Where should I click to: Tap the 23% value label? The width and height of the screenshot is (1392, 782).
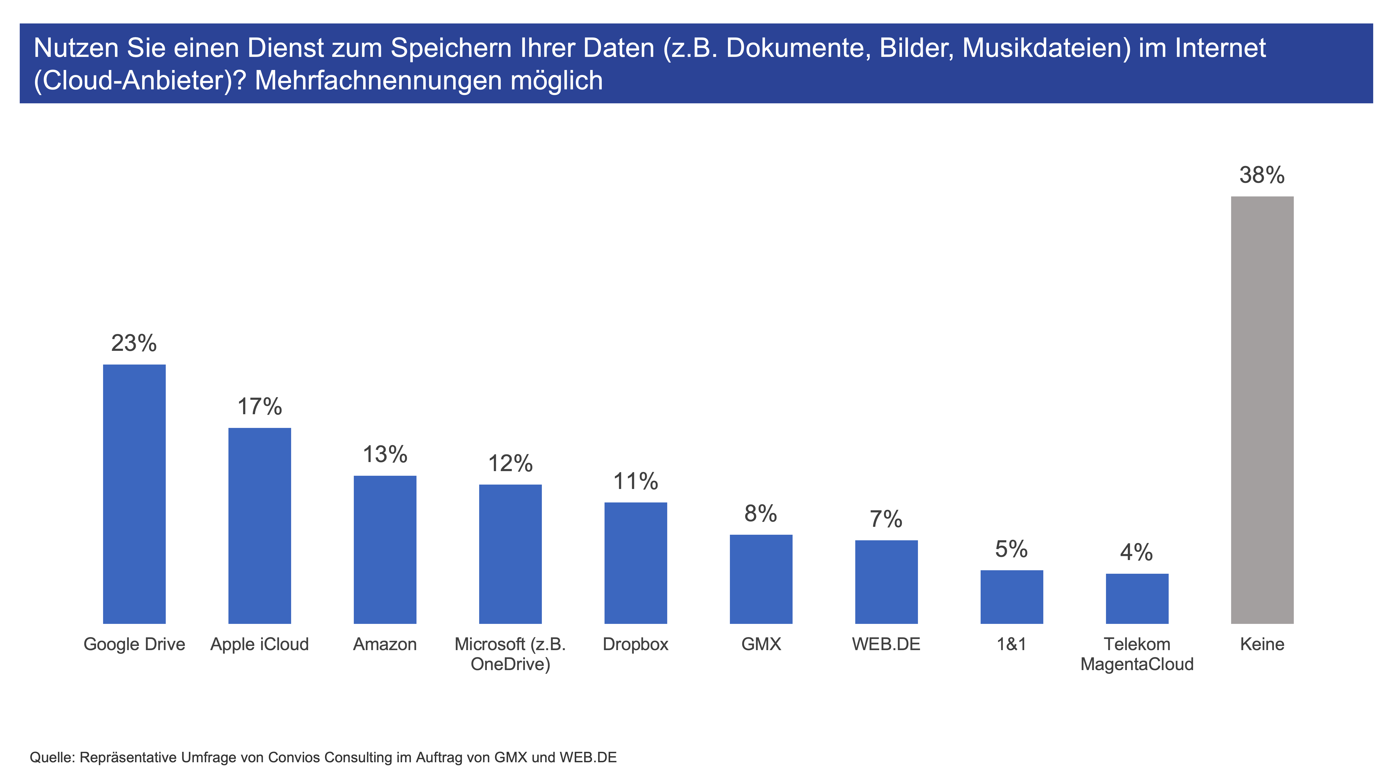(x=134, y=343)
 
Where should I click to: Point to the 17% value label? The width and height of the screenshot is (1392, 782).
(x=259, y=406)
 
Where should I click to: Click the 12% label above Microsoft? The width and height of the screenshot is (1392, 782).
(x=510, y=463)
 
